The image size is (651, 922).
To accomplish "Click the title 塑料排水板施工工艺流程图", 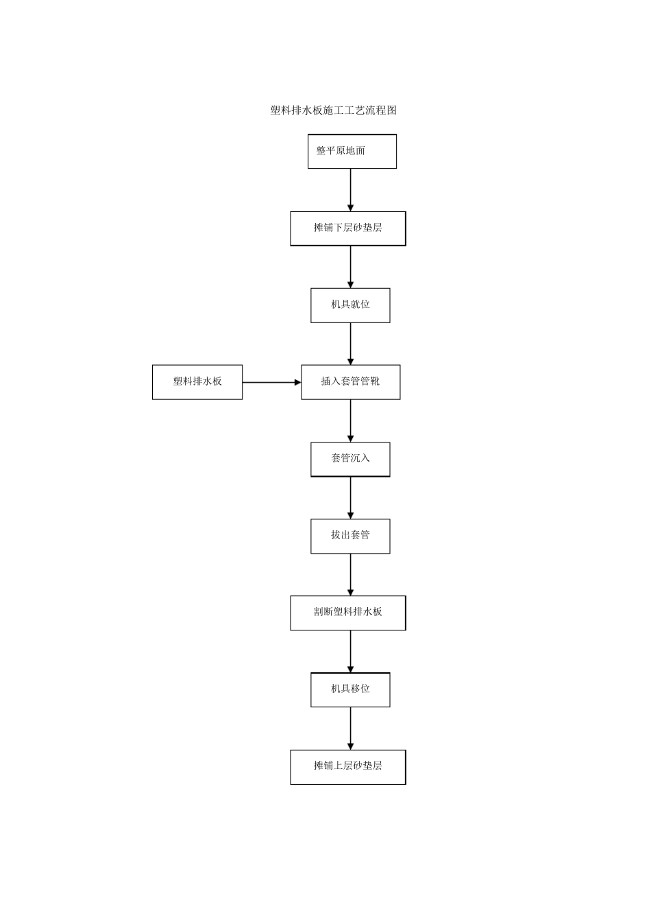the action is pos(334,110).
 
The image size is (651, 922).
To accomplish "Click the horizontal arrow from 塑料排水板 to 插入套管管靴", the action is pos(272,382).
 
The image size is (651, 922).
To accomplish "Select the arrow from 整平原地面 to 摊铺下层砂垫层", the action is pos(351,190).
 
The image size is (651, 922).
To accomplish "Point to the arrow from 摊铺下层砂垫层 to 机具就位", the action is pos(351,267).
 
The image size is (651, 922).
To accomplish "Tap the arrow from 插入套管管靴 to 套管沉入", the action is pos(351,421).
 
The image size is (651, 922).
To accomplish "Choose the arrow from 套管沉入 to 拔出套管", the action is pos(351,498).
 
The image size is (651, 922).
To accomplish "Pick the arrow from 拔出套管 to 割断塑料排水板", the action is pos(351,575).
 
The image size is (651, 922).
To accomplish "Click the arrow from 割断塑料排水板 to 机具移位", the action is pos(351,652).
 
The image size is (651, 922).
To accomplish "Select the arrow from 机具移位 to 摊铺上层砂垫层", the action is pos(351,729).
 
